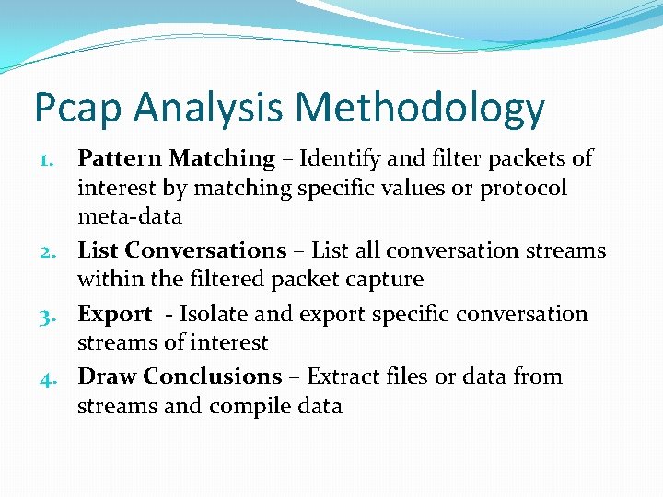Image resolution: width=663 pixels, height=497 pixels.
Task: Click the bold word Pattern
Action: (x=115, y=158)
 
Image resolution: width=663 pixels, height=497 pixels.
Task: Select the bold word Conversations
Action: (x=205, y=250)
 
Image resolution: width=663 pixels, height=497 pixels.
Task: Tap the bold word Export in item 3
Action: (x=114, y=315)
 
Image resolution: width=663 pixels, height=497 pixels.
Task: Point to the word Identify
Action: (x=343, y=158)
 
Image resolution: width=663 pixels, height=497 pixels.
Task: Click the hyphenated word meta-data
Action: (x=130, y=217)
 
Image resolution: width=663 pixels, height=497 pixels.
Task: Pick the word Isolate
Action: (x=213, y=314)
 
